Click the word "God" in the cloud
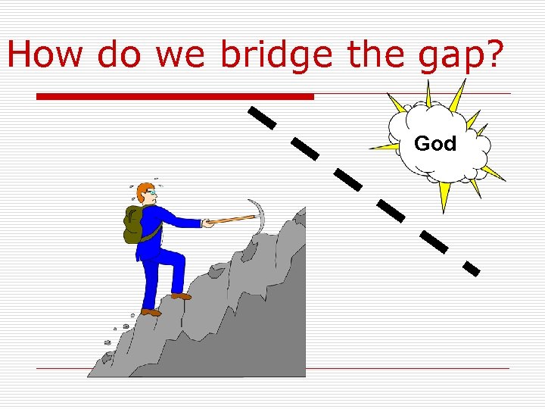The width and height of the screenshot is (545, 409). (x=435, y=143)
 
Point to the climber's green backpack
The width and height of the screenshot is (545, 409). (x=135, y=225)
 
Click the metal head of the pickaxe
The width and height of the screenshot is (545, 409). (x=258, y=211)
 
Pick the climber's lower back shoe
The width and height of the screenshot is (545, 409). (x=151, y=311)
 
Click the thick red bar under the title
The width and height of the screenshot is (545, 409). (x=175, y=97)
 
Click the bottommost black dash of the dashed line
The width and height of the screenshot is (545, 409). (x=471, y=267)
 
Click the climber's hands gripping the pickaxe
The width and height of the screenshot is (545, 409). (x=207, y=223)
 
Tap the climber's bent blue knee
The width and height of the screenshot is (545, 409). (x=179, y=261)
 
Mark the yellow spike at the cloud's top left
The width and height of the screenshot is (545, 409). (x=397, y=105)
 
